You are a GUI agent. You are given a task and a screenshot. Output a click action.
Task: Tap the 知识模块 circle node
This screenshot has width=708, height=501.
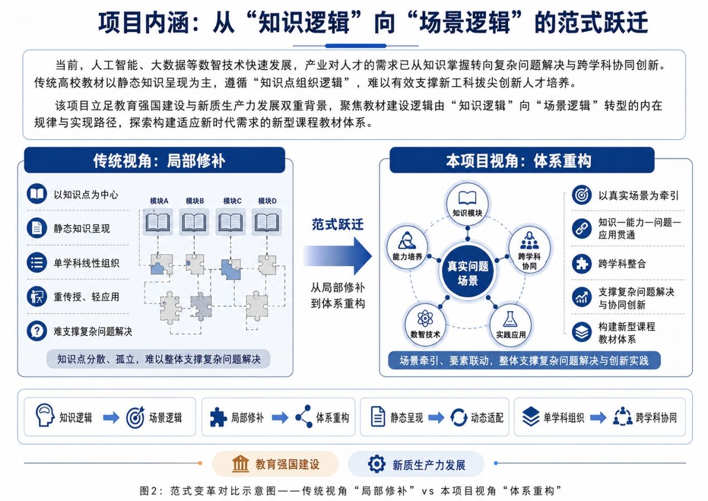467,204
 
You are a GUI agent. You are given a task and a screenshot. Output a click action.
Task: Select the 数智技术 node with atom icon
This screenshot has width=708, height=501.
425,325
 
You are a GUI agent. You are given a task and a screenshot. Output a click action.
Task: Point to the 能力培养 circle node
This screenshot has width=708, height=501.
408,247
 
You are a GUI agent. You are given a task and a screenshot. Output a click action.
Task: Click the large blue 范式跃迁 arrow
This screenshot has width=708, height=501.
337,256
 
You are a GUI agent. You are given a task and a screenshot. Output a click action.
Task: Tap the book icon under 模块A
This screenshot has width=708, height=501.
157,222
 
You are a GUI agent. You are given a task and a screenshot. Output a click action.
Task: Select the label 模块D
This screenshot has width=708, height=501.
267,201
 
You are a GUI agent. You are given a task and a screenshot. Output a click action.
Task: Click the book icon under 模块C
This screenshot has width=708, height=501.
231,222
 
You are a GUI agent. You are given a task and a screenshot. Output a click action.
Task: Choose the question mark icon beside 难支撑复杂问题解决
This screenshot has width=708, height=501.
37,331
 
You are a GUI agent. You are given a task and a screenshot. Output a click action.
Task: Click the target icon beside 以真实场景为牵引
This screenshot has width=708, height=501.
582,195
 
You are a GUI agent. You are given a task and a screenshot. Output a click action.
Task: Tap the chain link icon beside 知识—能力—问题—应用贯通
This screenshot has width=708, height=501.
582,228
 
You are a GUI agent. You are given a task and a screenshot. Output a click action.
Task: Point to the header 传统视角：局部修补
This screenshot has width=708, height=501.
155,160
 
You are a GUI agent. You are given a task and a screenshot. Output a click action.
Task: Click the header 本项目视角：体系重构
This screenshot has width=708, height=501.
522,160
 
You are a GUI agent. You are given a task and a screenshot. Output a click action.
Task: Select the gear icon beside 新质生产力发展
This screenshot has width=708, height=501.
376,464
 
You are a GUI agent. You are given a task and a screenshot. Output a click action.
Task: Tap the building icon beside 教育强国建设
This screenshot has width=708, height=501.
241,464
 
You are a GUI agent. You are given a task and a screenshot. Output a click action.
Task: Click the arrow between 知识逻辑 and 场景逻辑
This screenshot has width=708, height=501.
111,418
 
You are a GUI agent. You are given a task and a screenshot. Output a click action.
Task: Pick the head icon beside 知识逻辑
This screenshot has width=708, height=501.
45,415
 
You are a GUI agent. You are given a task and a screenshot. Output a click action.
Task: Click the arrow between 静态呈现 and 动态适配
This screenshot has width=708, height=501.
436,418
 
